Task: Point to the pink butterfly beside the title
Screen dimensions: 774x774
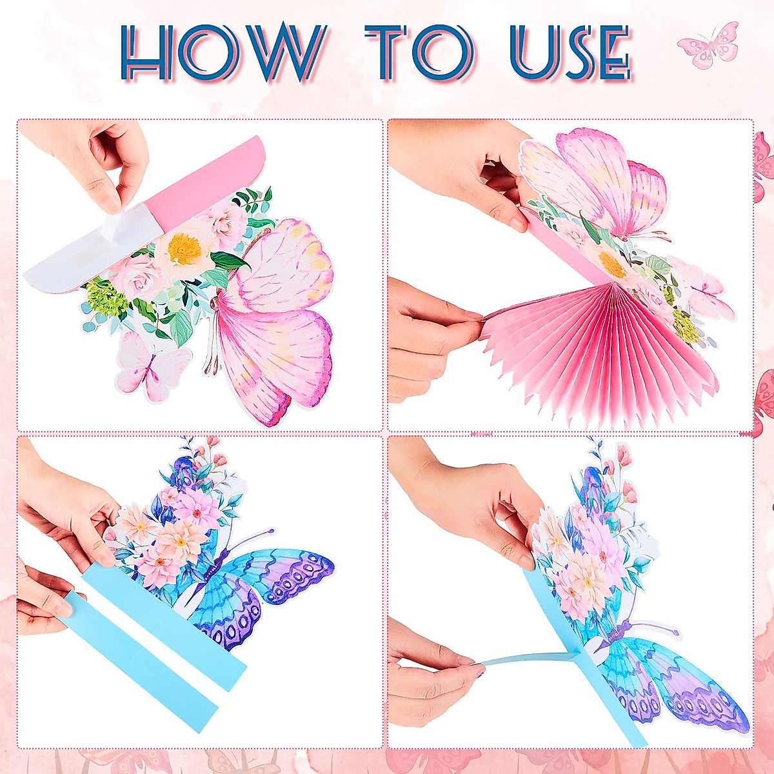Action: (x=708, y=45)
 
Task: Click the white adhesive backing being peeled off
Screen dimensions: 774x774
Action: (x=71, y=258)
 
